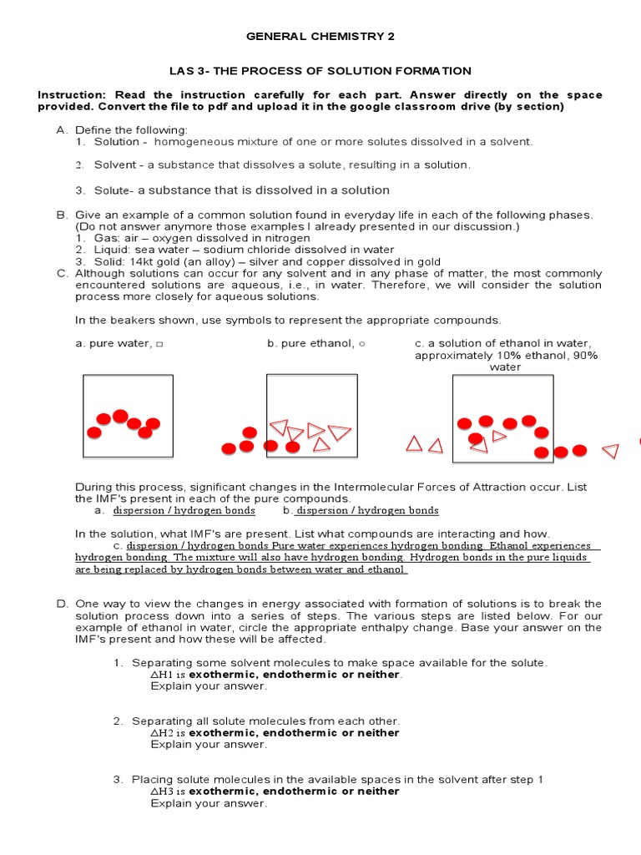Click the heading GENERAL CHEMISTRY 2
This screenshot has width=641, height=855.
(x=320, y=37)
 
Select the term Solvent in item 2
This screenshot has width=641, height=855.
(x=114, y=165)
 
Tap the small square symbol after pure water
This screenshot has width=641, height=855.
(x=159, y=344)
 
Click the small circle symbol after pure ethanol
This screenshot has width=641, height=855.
(x=361, y=344)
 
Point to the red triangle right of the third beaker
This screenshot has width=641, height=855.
(x=610, y=451)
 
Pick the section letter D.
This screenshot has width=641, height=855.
(x=61, y=604)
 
